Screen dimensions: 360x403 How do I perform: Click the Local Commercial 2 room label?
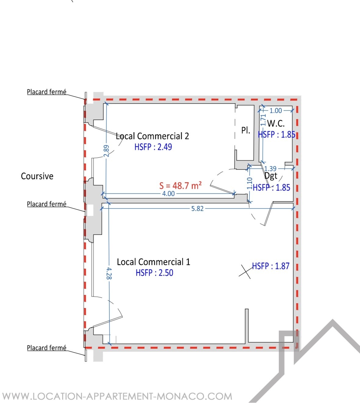click(x=152, y=136)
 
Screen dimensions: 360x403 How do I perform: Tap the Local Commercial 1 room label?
click(x=153, y=262)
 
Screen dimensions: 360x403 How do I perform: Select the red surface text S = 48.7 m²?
click(x=180, y=186)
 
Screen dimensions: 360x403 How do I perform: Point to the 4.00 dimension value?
click(x=168, y=194)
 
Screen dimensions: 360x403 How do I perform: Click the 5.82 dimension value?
click(x=197, y=209)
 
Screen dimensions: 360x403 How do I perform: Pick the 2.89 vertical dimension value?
click(x=106, y=151)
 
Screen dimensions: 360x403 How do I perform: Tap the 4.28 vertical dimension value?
click(x=109, y=274)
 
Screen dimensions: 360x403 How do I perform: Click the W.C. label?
click(x=276, y=124)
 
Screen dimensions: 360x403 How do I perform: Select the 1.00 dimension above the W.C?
click(x=276, y=111)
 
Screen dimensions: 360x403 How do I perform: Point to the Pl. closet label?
click(x=245, y=130)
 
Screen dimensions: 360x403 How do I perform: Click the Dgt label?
click(x=271, y=176)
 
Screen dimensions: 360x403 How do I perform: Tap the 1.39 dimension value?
click(x=270, y=169)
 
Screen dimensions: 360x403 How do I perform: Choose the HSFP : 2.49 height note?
click(x=153, y=147)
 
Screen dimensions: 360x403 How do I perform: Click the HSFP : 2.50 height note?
click(x=154, y=273)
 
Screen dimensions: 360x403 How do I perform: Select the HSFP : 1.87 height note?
click(x=271, y=266)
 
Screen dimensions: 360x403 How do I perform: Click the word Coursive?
click(x=37, y=176)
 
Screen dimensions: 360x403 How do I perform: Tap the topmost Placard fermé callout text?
click(x=47, y=92)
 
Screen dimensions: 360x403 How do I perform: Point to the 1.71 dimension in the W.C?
click(x=263, y=120)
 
